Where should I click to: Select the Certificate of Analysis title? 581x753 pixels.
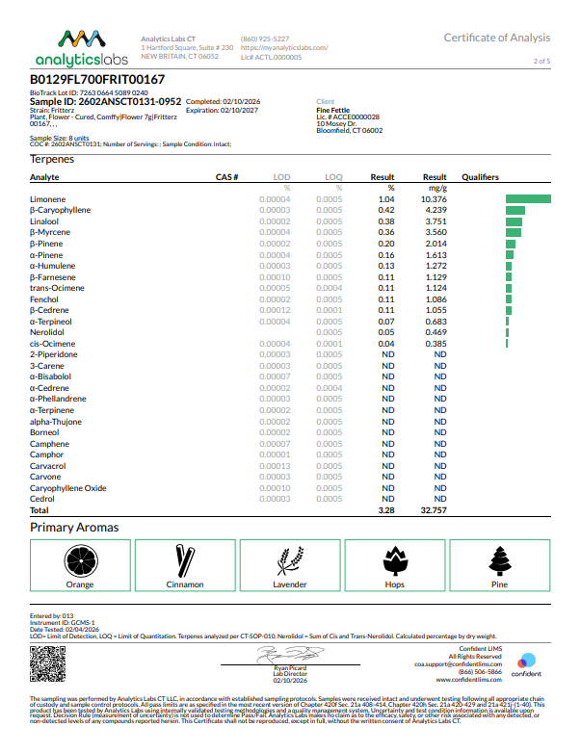pyautogui.click(x=496, y=38)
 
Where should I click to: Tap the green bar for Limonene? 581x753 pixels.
pyautogui.click(x=528, y=198)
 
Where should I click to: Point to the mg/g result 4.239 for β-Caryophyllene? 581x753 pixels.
pyautogui.click(x=435, y=210)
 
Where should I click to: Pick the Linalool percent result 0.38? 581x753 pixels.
pyautogui.click(x=386, y=221)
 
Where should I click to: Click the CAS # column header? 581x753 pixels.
pyautogui.click(x=226, y=177)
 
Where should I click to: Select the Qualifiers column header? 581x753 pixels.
pyautogui.click(x=480, y=177)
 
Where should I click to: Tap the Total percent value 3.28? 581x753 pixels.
pyautogui.click(x=386, y=510)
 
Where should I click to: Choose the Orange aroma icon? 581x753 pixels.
pyautogui.click(x=80, y=560)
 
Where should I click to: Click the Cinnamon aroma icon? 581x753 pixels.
pyautogui.click(x=185, y=560)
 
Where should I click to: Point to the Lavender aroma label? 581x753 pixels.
pyautogui.click(x=290, y=584)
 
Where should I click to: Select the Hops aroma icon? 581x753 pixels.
pyautogui.click(x=395, y=560)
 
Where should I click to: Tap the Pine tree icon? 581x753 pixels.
pyautogui.click(x=499, y=560)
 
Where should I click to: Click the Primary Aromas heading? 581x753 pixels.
pyautogui.click(x=74, y=528)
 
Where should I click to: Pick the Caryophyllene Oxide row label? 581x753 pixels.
pyautogui.click(x=68, y=488)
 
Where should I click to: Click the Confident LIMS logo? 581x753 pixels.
pyautogui.click(x=526, y=665)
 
